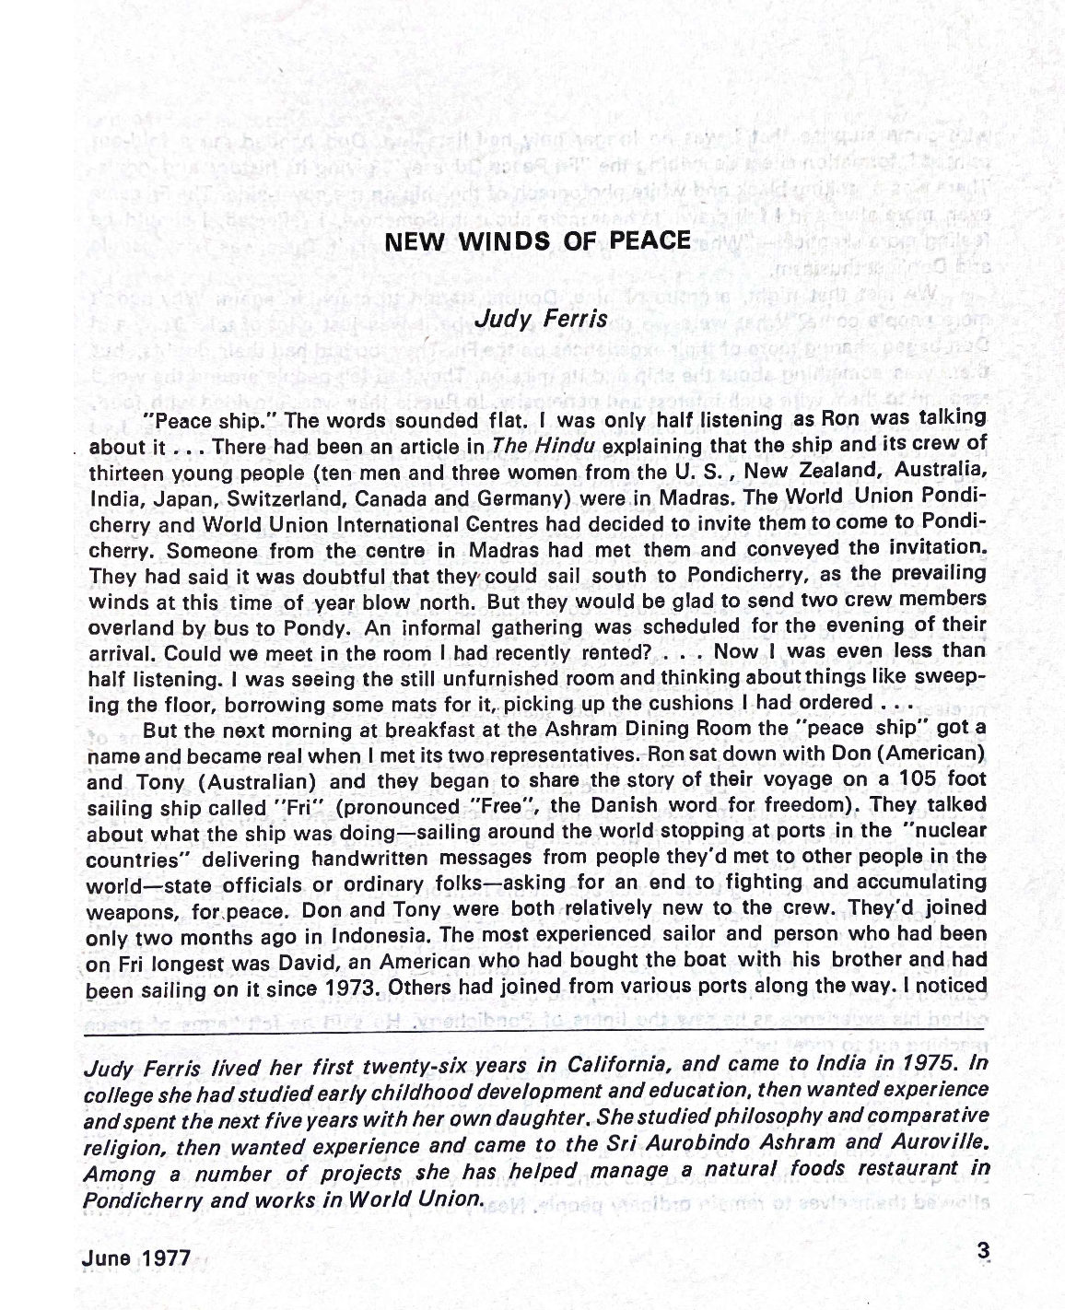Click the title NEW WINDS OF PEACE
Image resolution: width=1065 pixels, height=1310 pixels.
[536, 241]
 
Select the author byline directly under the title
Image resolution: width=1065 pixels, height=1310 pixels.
[540, 319]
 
